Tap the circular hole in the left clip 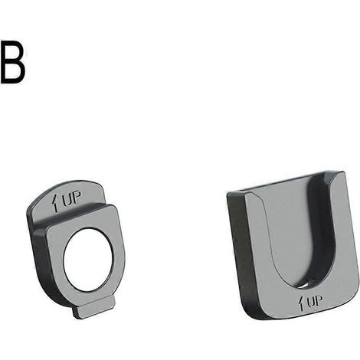pyautogui.click(x=87, y=260)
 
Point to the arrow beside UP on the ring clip pyautogui.click(x=54, y=203)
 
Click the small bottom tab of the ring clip pyautogui.click(x=94, y=307)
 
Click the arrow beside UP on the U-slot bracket pyautogui.click(x=302, y=303)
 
